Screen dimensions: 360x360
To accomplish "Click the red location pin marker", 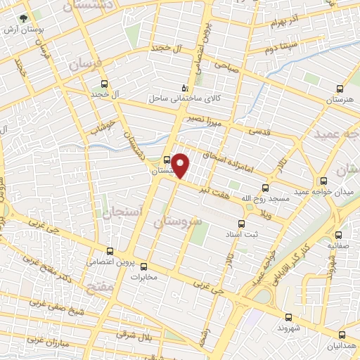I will point(181,165).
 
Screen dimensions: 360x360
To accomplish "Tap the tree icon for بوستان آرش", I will point(26,18).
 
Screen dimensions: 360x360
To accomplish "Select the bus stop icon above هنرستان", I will point(340,89).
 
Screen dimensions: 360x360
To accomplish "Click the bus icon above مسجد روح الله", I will point(265,188).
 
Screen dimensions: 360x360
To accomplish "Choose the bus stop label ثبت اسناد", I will point(265,233).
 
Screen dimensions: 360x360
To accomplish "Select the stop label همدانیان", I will point(340,347).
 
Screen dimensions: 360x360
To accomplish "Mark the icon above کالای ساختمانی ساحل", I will point(184,89).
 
